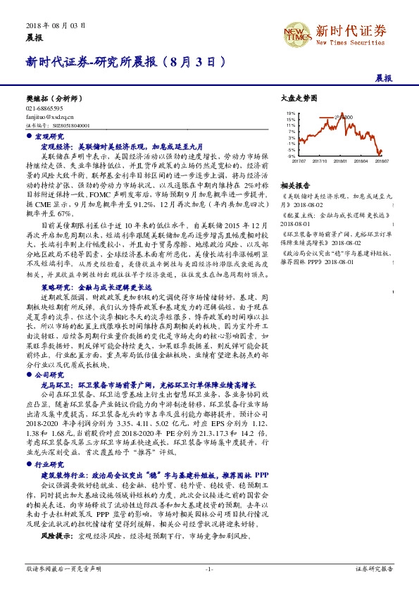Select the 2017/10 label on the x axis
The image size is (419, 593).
coord(319,161)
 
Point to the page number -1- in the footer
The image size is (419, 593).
coord(209,568)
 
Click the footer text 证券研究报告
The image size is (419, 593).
coord(375,568)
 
